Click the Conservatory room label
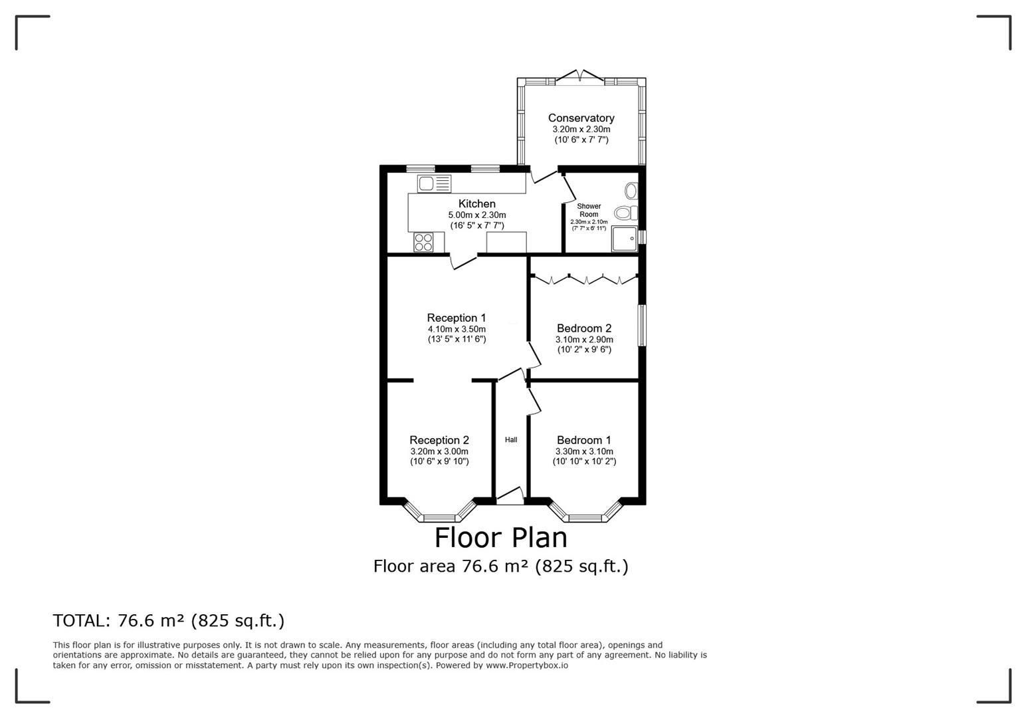point(581,118)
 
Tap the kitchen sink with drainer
point(434,183)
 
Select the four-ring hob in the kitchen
point(423,243)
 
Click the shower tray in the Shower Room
point(624,238)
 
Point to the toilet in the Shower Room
point(626,213)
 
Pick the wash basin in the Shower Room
point(631,191)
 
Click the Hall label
point(511,440)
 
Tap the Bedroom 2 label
point(584,328)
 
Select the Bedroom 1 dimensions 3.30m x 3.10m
point(584,451)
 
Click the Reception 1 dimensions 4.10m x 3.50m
point(457,329)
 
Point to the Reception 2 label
point(439,440)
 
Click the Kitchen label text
point(477,203)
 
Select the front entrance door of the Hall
point(510,496)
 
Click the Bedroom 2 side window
point(642,325)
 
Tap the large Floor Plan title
point(500,538)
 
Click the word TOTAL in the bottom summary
point(81,620)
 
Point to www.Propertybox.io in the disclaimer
point(527,665)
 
